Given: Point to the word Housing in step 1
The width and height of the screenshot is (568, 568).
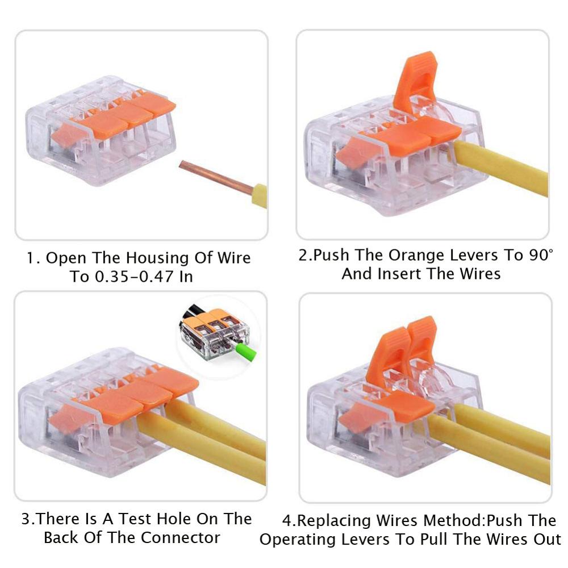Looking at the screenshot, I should [154, 258].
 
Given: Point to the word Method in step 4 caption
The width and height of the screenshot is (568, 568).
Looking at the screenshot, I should [454, 520].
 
